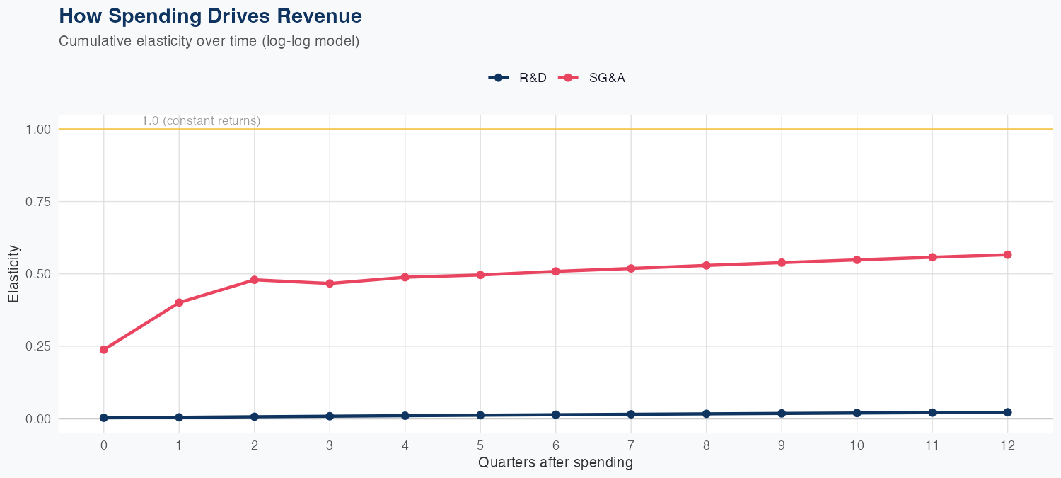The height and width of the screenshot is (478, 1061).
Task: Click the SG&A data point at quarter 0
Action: click(x=104, y=350)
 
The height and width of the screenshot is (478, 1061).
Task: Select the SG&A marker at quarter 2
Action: click(x=254, y=280)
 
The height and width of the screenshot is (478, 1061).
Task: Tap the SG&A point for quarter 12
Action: click(x=1007, y=255)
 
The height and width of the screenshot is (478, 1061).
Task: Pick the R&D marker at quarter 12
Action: click(x=1007, y=412)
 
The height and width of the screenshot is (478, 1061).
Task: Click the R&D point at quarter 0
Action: click(x=104, y=418)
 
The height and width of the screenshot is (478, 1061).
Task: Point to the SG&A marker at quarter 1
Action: click(x=179, y=302)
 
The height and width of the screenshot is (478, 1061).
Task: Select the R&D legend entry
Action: click(x=518, y=78)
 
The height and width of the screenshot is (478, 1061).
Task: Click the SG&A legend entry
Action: click(x=592, y=78)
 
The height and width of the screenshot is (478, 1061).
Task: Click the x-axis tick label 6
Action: click(x=555, y=446)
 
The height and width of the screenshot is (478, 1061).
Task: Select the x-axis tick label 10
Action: click(x=857, y=446)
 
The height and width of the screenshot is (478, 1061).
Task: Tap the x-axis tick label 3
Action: click(x=330, y=446)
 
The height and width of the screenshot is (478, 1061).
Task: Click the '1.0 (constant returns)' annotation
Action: click(x=201, y=121)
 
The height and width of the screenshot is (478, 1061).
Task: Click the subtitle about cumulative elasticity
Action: click(x=209, y=42)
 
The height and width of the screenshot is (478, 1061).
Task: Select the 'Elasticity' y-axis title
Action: click(x=13, y=274)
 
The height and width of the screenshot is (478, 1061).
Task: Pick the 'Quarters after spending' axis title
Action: click(x=555, y=463)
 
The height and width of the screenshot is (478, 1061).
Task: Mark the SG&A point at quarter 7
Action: click(x=630, y=268)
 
